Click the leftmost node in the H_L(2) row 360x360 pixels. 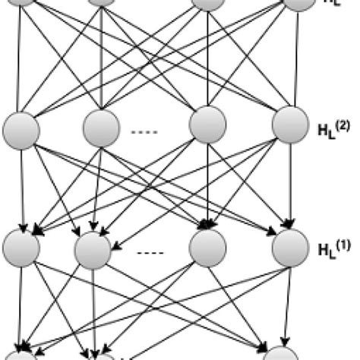point(22,128)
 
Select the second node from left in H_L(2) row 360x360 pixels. point(101,128)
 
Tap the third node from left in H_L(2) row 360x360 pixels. point(208,125)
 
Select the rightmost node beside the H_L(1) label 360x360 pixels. point(290,248)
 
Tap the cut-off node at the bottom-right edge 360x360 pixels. point(281,355)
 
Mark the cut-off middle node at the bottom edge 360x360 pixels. point(99,356)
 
